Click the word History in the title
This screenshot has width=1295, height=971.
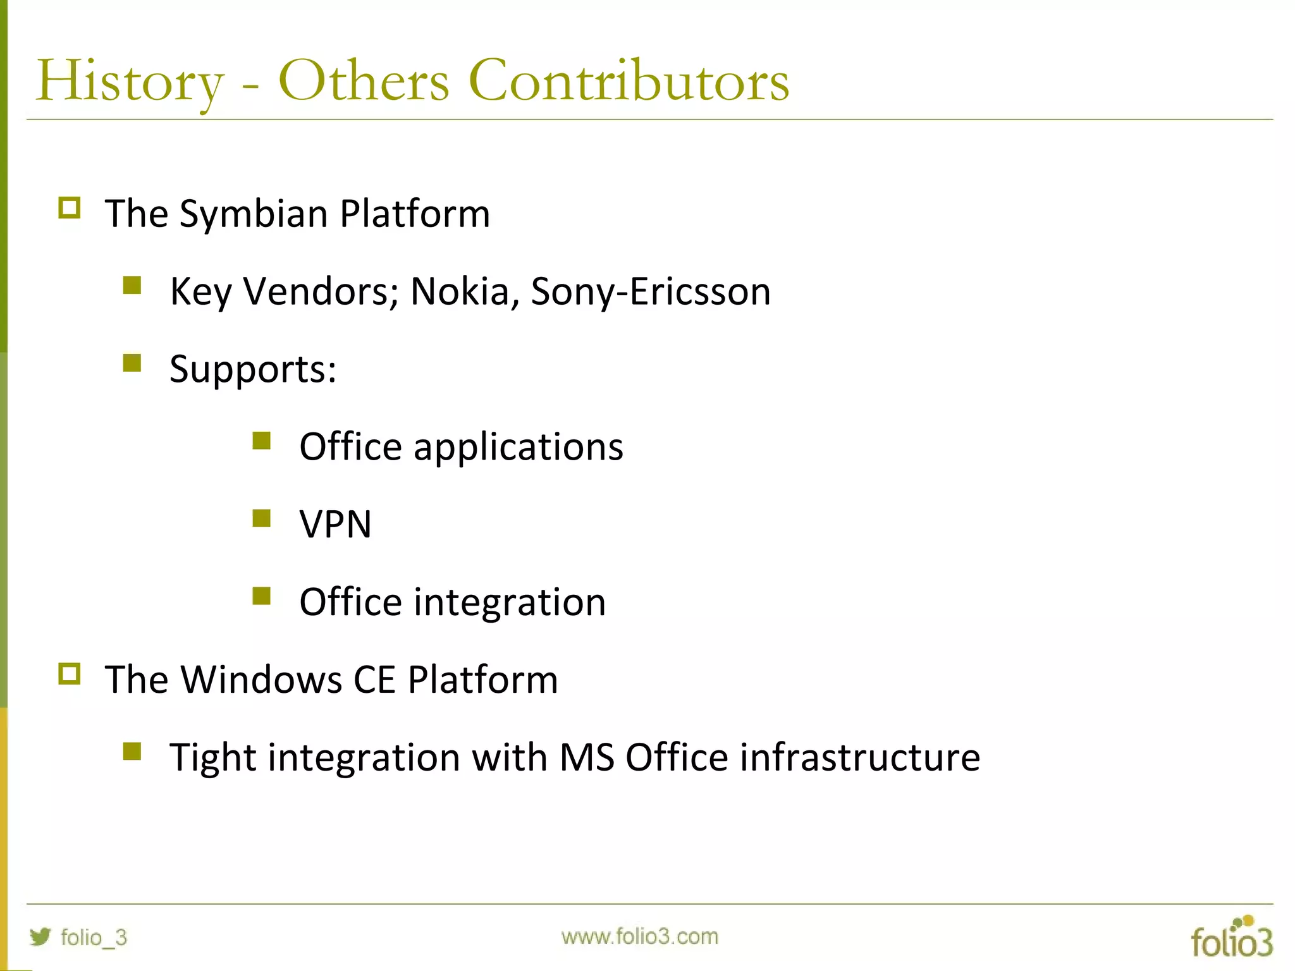(x=130, y=82)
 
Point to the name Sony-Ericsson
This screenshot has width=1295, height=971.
(x=651, y=292)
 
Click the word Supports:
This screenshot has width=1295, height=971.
(x=253, y=370)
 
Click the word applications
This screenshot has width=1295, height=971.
(x=518, y=448)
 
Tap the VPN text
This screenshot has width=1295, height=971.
(x=335, y=525)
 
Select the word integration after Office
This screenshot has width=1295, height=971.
(x=509, y=602)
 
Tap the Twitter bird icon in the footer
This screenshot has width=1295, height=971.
(x=40, y=936)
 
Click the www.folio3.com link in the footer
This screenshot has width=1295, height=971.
(x=639, y=936)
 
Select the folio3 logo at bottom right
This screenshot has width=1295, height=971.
(x=1231, y=937)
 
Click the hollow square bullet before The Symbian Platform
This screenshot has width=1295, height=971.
(x=70, y=208)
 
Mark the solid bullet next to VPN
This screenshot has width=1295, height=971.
(x=261, y=518)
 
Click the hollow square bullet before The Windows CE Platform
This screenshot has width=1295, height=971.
(x=70, y=674)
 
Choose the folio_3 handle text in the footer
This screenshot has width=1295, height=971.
(x=94, y=937)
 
